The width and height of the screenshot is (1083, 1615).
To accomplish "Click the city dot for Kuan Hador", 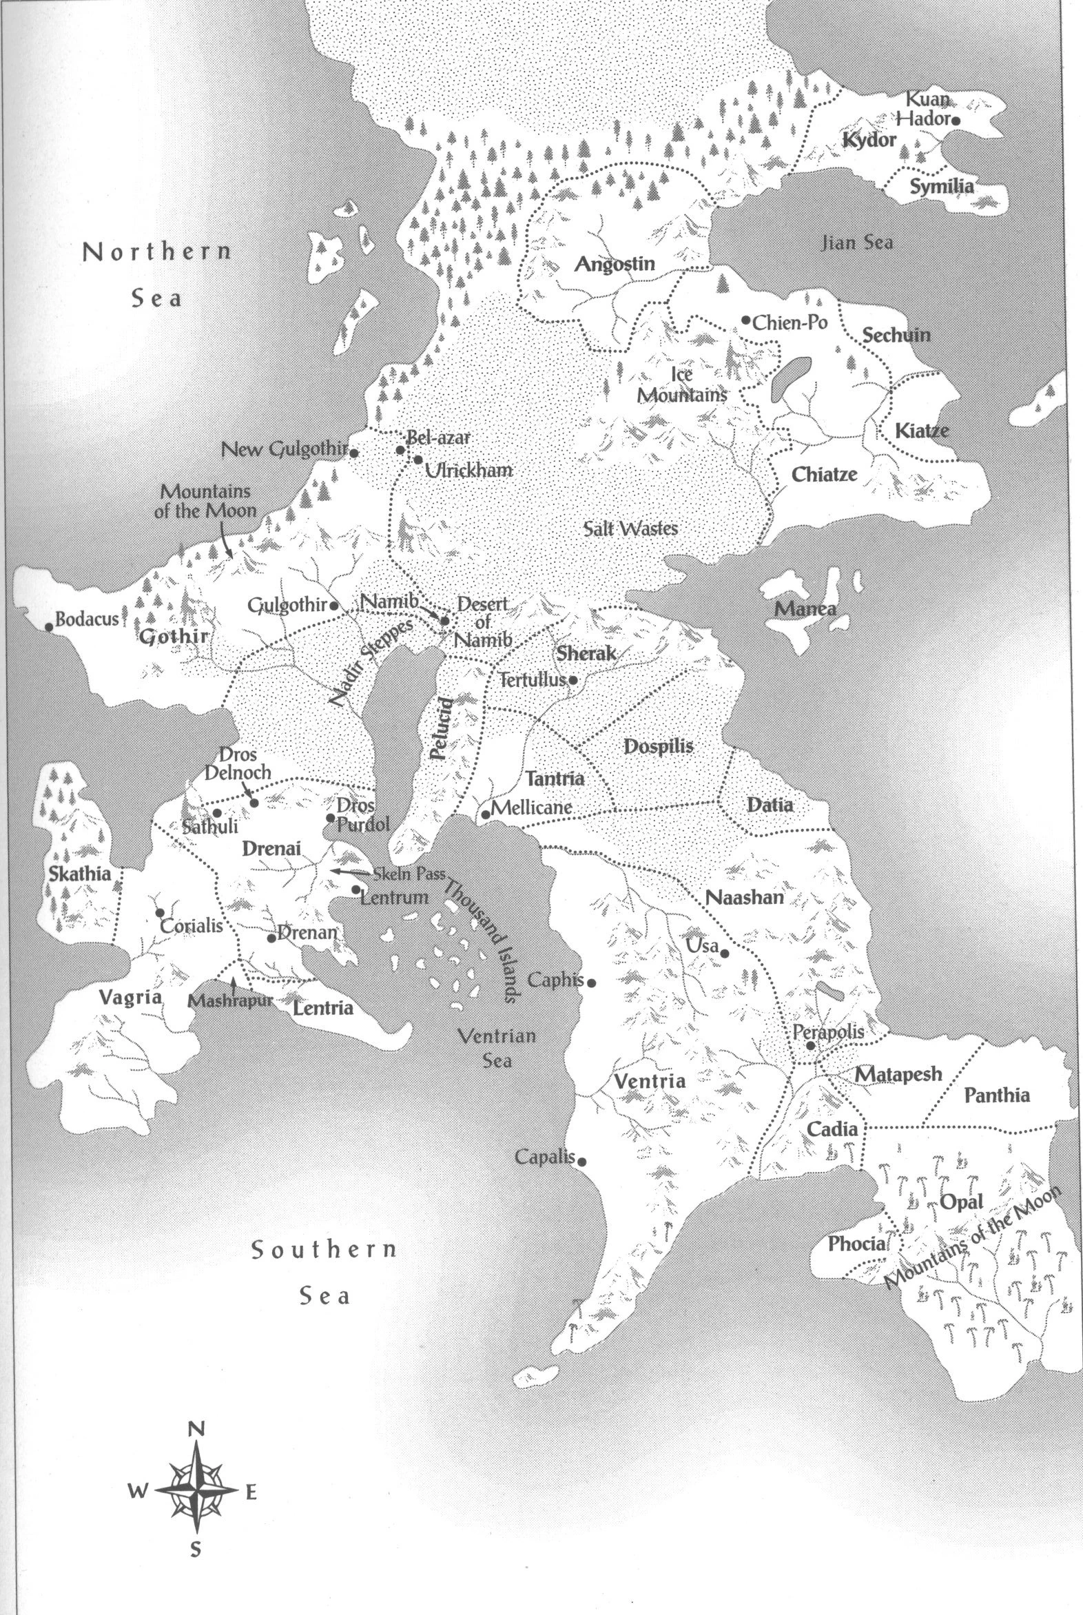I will coord(956,120).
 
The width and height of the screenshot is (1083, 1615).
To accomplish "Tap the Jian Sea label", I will coord(856,243).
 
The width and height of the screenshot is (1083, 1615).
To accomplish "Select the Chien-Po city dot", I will coord(746,320).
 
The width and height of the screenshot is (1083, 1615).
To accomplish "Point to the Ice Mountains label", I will coord(682,384).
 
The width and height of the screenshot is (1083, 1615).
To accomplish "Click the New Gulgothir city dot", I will coord(353,453).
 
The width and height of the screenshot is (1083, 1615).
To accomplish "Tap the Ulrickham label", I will coord(469,471).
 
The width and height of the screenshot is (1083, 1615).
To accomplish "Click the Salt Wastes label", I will coord(630,529).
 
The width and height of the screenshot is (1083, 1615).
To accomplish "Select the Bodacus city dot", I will coord(49,627).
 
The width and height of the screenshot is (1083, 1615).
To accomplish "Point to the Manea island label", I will coord(805,608).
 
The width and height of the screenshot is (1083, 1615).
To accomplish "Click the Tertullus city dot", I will coord(573,680).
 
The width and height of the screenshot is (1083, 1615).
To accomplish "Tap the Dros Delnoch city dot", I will coord(254,803).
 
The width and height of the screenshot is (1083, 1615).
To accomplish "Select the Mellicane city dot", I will coord(486,814).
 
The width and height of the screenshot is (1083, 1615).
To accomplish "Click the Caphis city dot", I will coord(591,983).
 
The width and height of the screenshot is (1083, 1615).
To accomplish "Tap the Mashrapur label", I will coord(231,1001).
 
